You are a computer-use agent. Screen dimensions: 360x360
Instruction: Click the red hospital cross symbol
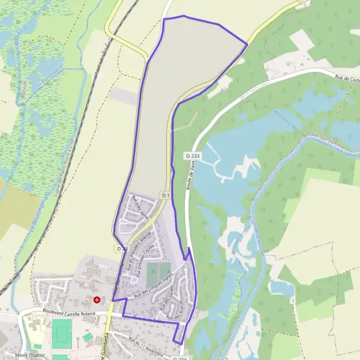click(x=97, y=299)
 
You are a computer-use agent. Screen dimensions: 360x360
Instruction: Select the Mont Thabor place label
click(x=30, y=355)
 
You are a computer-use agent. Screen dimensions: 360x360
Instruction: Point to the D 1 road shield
click(x=166, y=196)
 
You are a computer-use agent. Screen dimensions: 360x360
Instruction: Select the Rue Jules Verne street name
click(x=140, y=206)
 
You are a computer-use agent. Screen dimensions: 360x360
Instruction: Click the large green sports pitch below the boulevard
click(x=62, y=331)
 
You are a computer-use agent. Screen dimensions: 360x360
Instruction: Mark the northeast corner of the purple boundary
click(x=247, y=43)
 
